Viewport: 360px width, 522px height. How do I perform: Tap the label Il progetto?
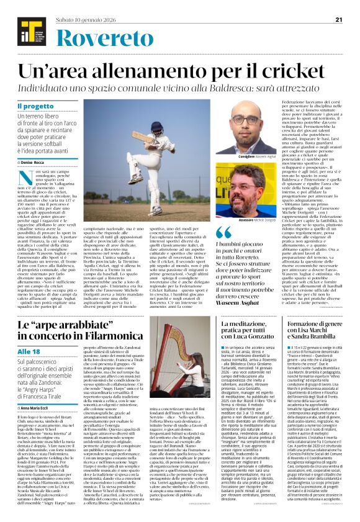pyautogui.click(x=35, y=107)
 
